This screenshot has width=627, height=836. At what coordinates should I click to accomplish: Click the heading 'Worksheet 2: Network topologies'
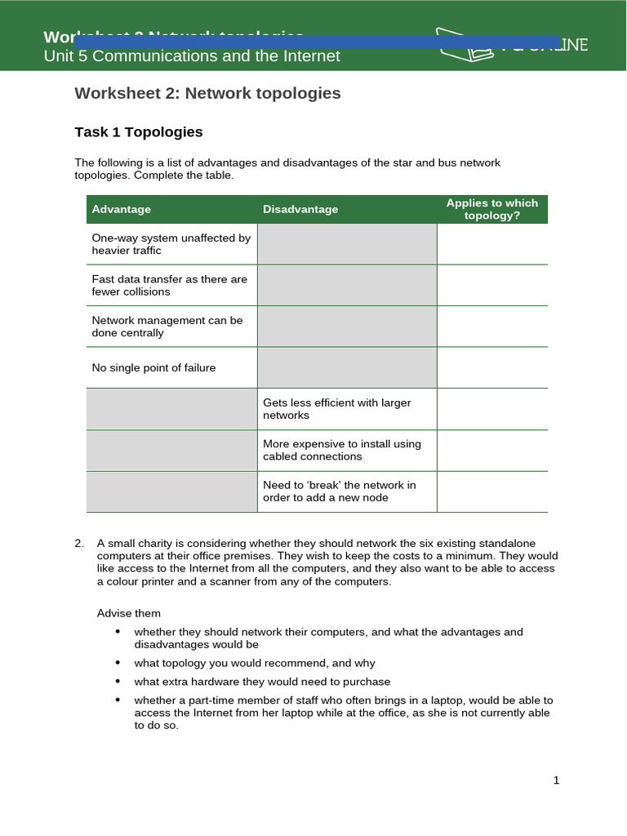coord(207,93)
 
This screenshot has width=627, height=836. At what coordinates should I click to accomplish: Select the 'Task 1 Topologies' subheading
coord(138,131)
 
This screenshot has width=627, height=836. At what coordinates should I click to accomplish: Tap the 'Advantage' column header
coord(121,209)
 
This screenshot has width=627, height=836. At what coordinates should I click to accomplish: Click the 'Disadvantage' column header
coord(300,209)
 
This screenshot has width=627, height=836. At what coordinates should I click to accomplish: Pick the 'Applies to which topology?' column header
coord(491,209)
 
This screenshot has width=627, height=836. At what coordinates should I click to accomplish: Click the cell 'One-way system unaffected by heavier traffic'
coord(171,244)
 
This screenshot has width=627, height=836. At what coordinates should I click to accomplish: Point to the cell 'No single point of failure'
coord(153,367)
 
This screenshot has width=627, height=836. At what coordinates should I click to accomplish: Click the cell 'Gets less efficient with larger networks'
coord(336,409)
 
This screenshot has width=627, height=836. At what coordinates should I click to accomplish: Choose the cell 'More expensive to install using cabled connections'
coord(341,450)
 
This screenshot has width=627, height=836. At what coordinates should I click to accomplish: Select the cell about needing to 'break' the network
coord(339,491)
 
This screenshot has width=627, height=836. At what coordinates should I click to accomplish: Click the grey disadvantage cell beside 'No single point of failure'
coord(347,367)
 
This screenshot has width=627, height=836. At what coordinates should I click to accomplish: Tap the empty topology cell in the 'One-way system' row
coord(491,244)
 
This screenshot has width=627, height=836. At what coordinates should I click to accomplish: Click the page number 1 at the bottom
coord(556,780)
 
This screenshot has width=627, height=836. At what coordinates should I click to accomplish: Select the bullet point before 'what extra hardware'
coord(118,681)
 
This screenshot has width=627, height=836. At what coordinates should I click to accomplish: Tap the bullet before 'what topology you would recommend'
coord(118,663)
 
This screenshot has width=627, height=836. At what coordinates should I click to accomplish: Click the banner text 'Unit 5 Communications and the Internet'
coord(191,56)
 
